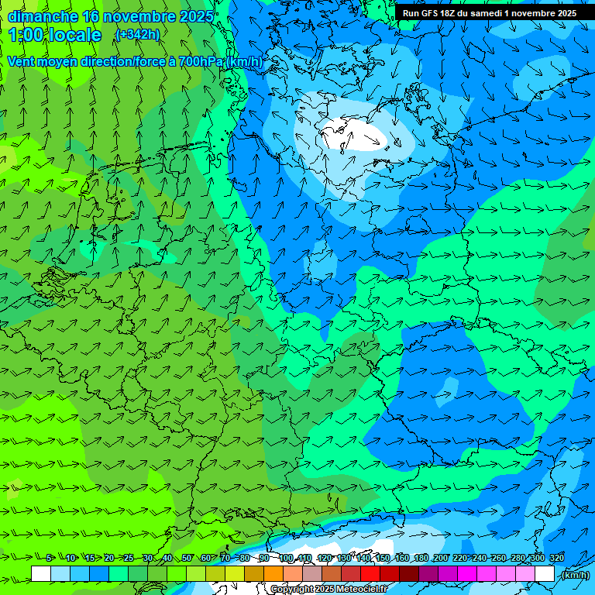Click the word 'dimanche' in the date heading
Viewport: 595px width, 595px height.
[x=43, y=16]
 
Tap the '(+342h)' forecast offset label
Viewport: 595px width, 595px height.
[x=137, y=35]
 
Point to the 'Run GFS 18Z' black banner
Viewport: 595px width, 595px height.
[x=489, y=13]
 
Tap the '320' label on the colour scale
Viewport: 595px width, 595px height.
[x=556, y=558]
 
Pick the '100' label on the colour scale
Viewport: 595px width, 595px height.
[x=286, y=558]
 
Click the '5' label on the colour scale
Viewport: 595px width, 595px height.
[x=49, y=558]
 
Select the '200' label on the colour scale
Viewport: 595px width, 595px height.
[x=440, y=558]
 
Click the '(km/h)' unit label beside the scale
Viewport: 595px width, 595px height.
[x=575, y=575]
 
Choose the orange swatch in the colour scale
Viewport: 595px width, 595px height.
[x=273, y=573]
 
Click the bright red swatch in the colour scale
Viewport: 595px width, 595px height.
[x=370, y=573]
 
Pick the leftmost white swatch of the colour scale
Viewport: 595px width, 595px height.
[x=41, y=573]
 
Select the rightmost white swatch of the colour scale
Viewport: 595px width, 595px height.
[x=545, y=573]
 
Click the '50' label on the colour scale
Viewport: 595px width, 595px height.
[x=187, y=558]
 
